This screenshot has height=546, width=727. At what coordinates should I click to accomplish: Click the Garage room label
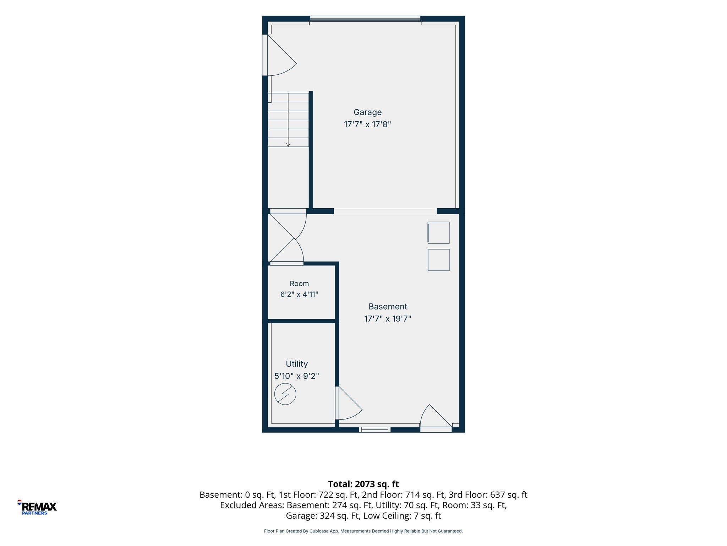pyautogui.click(x=367, y=112)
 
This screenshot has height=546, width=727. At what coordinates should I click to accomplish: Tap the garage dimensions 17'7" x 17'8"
pyautogui.click(x=367, y=124)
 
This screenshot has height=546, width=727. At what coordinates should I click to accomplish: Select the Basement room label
pyautogui.click(x=388, y=306)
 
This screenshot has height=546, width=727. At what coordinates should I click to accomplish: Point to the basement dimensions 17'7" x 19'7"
pyautogui.click(x=388, y=318)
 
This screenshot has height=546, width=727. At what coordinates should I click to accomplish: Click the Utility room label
pyautogui.click(x=297, y=364)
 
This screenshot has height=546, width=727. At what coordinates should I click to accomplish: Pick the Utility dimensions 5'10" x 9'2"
pyautogui.click(x=297, y=376)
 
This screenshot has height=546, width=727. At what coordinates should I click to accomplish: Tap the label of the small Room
pyautogui.click(x=299, y=284)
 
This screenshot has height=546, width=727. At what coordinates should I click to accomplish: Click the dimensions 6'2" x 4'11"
pyautogui.click(x=299, y=294)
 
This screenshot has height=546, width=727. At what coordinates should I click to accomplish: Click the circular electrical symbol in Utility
pyautogui.click(x=285, y=394)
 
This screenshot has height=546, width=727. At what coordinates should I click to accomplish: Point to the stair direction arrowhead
pyautogui.click(x=288, y=145)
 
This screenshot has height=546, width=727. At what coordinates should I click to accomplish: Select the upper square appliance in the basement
pyautogui.click(x=438, y=233)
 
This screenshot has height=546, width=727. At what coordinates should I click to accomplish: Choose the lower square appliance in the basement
pyautogui.click(x=438, y=260)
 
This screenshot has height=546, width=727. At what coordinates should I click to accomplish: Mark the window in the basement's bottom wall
pyautogui.click(x=375, y=430)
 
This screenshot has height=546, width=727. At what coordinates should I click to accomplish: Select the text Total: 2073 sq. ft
pyautogui.click(x=363, y=484)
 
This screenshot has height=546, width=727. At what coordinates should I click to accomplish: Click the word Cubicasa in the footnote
pyautogui.click(x=318, y=531)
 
